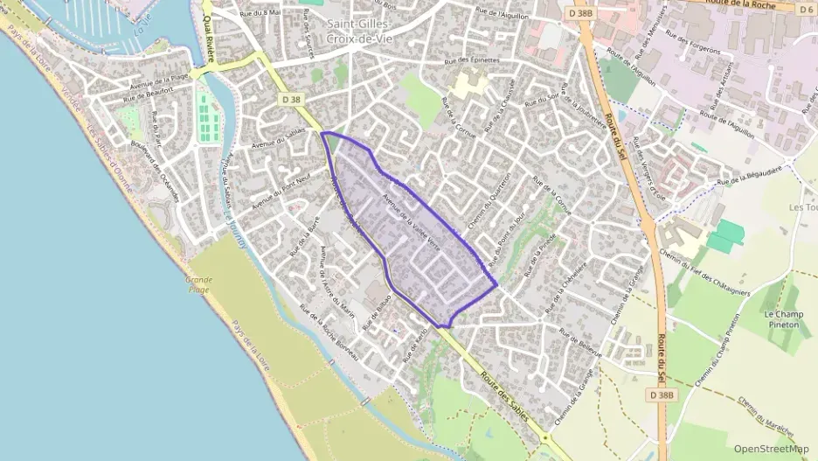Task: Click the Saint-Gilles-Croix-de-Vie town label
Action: pyautogui.click(x=357, y=31)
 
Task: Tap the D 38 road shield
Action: pyautogui.click(x=292, y=101)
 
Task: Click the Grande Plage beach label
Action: pyautogui.click(x=198, y=285)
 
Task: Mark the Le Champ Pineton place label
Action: pyautogui.click(x=782, y=318)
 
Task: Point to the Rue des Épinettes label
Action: pyautogui.click(x=472, y=60)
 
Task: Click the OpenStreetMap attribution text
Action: pyautogui.click(x=771, y=449)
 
